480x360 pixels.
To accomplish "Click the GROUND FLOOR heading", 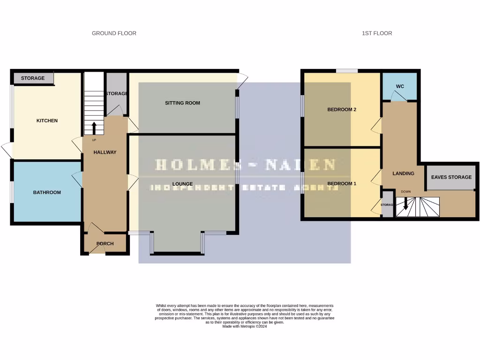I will tap(114, 33).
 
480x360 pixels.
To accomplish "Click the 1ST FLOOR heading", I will tap(377, 33).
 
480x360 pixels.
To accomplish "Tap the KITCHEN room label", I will tap(47, 121).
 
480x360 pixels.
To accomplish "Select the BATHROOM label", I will tap(47, 192).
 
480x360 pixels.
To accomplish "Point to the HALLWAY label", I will tap(105, 152).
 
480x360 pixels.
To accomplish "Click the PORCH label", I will tap(105, 244).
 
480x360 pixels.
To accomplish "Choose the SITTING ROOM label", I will tap(182, 103).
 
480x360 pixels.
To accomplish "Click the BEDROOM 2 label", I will tap(342, 110).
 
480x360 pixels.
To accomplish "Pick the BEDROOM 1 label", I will tap(342, 184).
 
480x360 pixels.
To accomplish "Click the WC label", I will tap(400, 87).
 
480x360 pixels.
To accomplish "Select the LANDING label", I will tap(403, 173).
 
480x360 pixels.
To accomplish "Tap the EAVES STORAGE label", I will tap(451, 177).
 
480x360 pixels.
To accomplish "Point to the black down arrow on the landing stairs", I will tap(405, 204).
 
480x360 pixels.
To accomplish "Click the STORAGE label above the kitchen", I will tap(33, 78).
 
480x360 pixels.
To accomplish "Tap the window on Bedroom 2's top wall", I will tap(347, 71).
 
